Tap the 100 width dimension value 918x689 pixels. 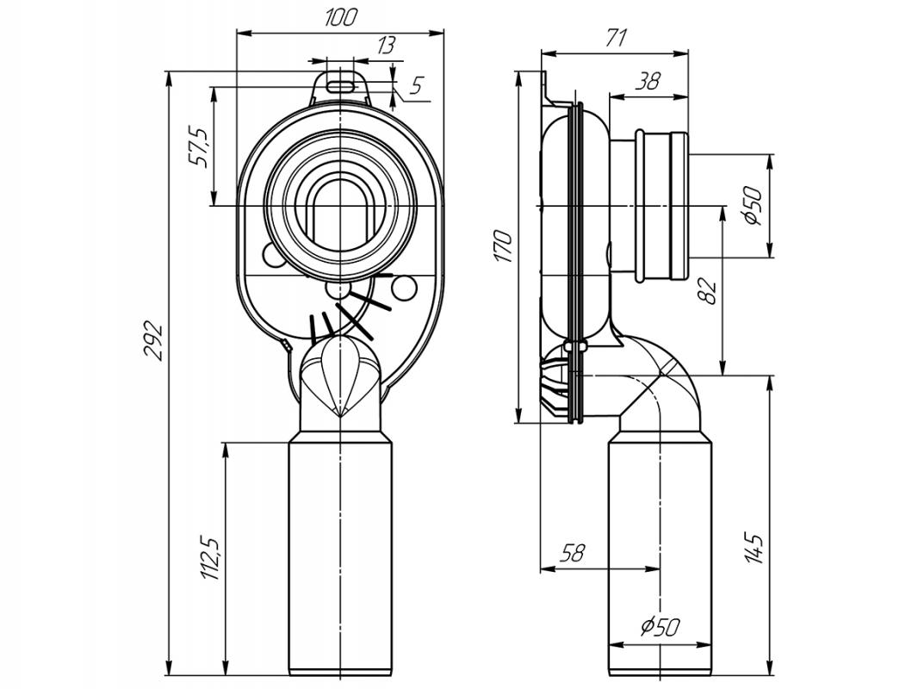coord(339,17)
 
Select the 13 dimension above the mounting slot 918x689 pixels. coord(386,45)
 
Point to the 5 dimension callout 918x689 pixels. coord(416,86)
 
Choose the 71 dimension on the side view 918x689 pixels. coord(616,39)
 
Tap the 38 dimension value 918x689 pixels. coord(648,80)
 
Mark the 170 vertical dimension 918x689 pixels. coord(504,246)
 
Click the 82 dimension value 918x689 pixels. coord(708,291)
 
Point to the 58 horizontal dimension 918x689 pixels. coord(572,553)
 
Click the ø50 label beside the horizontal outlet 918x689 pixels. coord(752,206)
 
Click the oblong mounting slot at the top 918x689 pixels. coord(340,85)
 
